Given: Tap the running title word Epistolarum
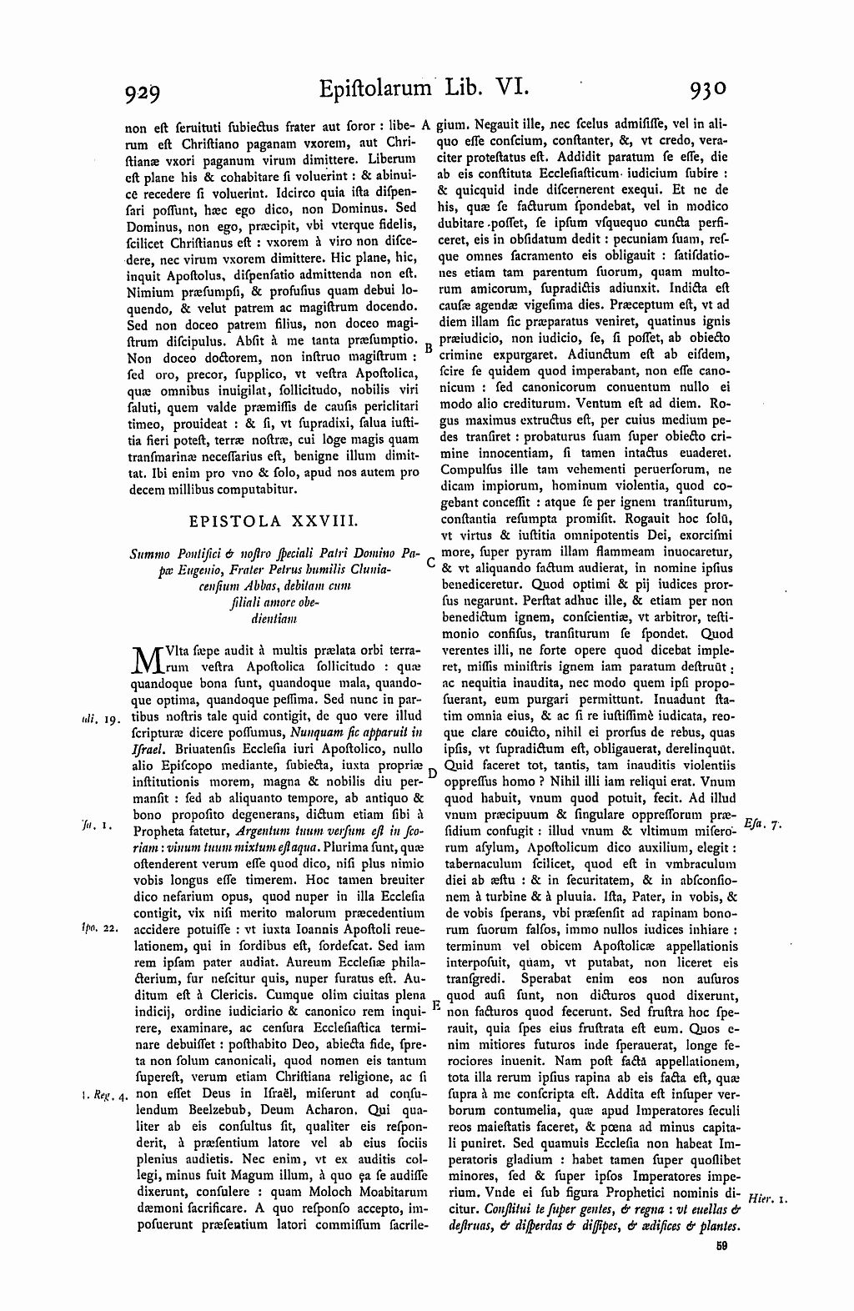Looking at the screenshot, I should pos(374,88).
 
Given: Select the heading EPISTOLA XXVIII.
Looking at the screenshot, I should pos(273,522).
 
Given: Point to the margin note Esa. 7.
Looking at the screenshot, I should pos(764,824).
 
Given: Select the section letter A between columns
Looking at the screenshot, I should pos(426,125).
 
